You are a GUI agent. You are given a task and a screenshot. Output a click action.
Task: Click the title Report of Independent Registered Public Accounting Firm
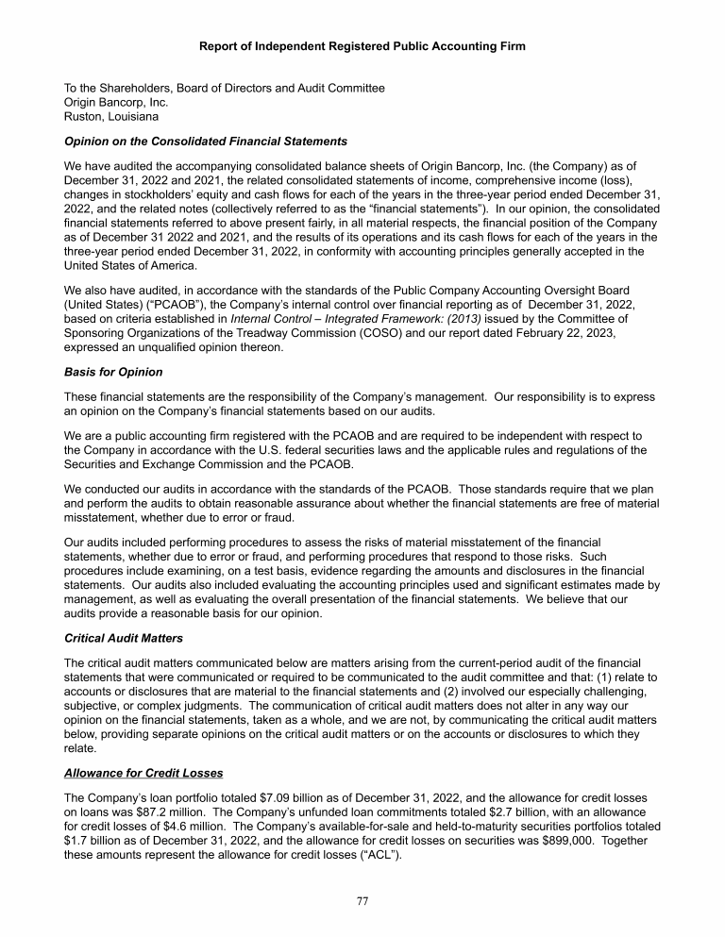(x=362, y=46)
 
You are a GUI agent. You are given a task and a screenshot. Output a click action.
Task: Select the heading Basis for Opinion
(x=99, y=372)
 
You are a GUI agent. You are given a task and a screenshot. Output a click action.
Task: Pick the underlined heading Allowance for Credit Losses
(x=143, y=773)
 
